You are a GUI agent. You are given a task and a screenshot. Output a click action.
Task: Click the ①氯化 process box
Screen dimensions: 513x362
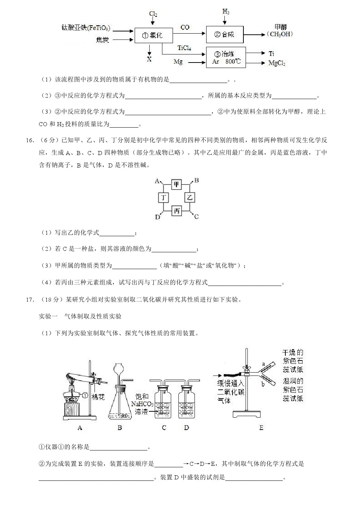153,35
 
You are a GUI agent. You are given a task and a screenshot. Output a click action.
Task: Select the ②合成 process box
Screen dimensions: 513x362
224,34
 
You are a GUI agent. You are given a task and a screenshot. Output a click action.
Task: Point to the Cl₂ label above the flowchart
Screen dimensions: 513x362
153,14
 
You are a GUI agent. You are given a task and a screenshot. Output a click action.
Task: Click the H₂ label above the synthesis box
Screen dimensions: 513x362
226,12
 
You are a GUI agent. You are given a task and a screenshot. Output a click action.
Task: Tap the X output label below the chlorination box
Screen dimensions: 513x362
149,59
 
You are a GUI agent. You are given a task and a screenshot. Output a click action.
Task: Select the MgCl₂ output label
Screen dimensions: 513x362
277,63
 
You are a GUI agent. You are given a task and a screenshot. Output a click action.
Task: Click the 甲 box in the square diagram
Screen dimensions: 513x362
177,184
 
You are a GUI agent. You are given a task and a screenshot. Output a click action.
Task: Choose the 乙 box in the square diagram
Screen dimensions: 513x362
190,198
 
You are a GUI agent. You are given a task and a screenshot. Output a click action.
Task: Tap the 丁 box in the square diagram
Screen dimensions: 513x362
163,198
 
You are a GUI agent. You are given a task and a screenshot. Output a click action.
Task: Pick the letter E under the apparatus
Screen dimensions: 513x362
261,427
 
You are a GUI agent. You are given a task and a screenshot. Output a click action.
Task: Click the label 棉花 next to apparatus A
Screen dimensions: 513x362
98,397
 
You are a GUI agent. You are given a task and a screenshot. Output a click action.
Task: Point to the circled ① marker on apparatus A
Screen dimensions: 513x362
85,395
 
